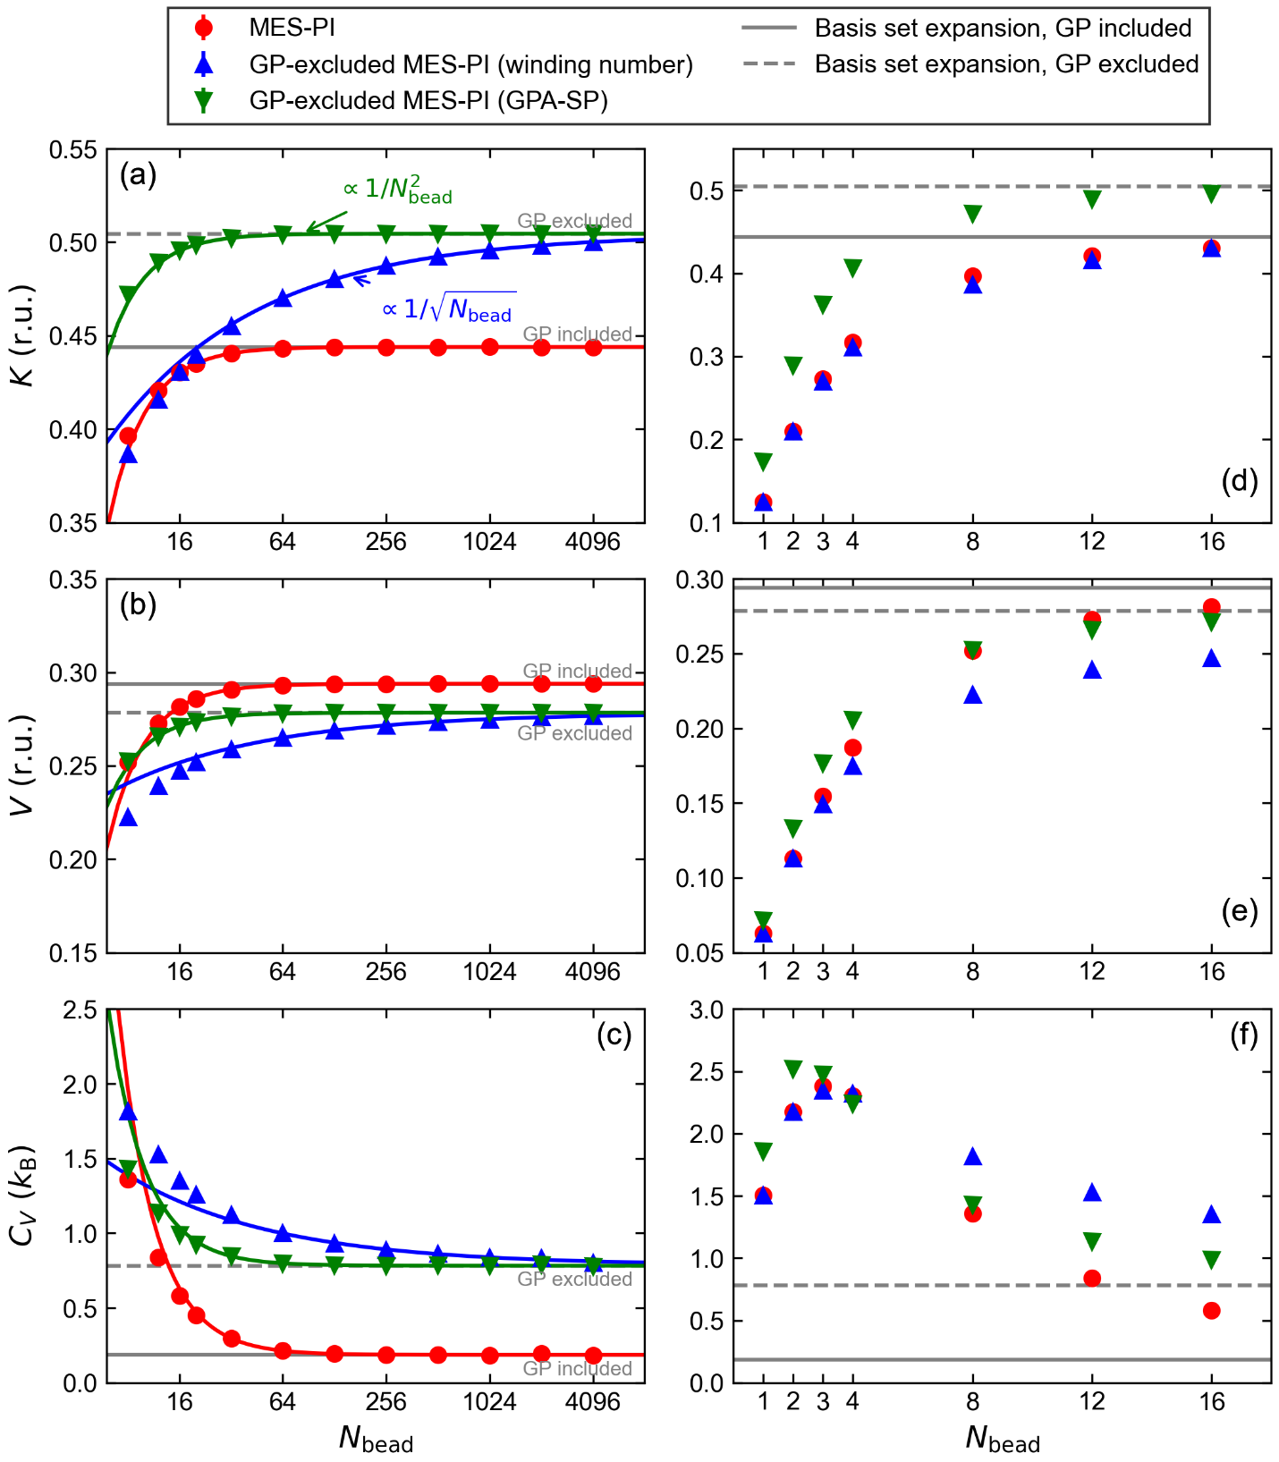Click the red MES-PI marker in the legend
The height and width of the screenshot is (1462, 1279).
pyautogui.click(x=204, y=28)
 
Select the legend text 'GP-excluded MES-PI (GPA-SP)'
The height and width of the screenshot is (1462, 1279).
pyautogui.click(x=428, y=100)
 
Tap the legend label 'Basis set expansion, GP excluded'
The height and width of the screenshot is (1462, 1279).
pyautogui.click(x=1006, y=64)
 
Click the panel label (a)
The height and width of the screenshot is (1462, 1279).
pyautogui.click(x=138, y=174)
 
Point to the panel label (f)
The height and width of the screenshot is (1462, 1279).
pyautogui.click(x=1243, y=1035)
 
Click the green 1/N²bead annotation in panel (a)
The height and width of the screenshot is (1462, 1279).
pyautogui.click(x=397, y=190)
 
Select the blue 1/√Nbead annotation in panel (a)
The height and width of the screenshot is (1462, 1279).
pyautogui.click(x=447, y=308)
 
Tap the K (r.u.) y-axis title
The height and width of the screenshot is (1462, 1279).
pyautogui.click(x=23, y=335)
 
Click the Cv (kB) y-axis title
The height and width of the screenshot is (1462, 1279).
pyautogui.click(x=23, y=1196)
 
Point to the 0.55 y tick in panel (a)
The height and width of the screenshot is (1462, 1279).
pyautogui.click(x=73, y=149)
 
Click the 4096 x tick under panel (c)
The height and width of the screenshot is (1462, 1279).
pyautogui.click(x=592, y=1401)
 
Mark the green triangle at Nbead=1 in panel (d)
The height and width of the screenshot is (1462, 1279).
pyautogui.click(x=763, y=462)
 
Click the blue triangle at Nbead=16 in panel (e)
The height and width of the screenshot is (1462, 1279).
pyautogui.click(x=1212, y=658)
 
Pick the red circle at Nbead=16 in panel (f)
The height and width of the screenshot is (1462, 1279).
pyautogui.click(x=1212, y=1311)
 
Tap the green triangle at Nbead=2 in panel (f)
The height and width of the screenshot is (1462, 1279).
pyautogui.click(x=793, y=1069)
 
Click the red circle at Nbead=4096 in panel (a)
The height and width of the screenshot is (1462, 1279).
pyautogui.click(x=593, y=348)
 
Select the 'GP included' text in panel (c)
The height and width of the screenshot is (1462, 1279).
pyautogui.click(x=577, y=1368)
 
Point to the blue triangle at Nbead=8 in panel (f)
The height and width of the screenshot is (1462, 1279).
pyautogui.click(x=973, y=1157)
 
